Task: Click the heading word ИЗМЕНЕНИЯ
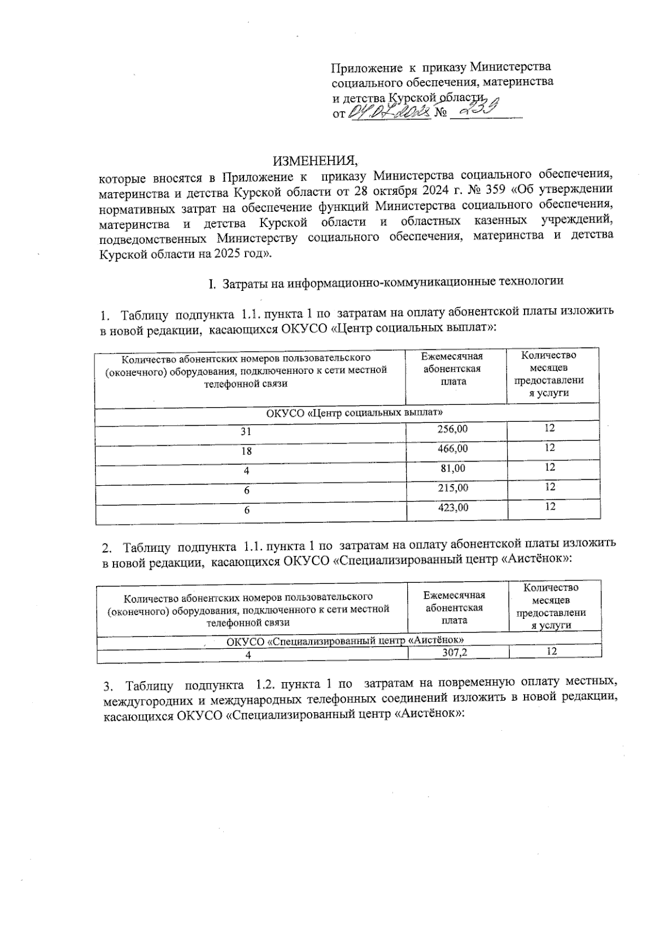click(x=315, y=160)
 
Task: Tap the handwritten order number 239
click(x=479, y=110)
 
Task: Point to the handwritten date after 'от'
click(x=389, y=113)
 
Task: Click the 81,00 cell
click(x=454, y=468)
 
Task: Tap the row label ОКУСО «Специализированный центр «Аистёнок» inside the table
click(x=346, y=640)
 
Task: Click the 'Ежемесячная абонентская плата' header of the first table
click(x=452, y=369)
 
